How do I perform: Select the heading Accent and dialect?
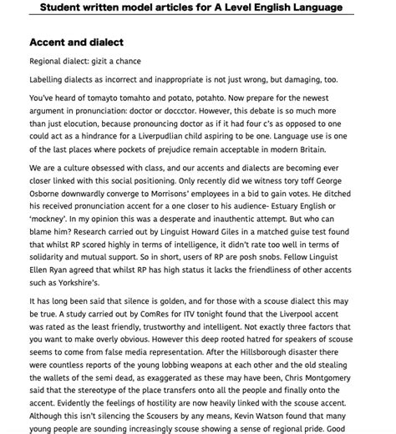coord(77,42)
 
